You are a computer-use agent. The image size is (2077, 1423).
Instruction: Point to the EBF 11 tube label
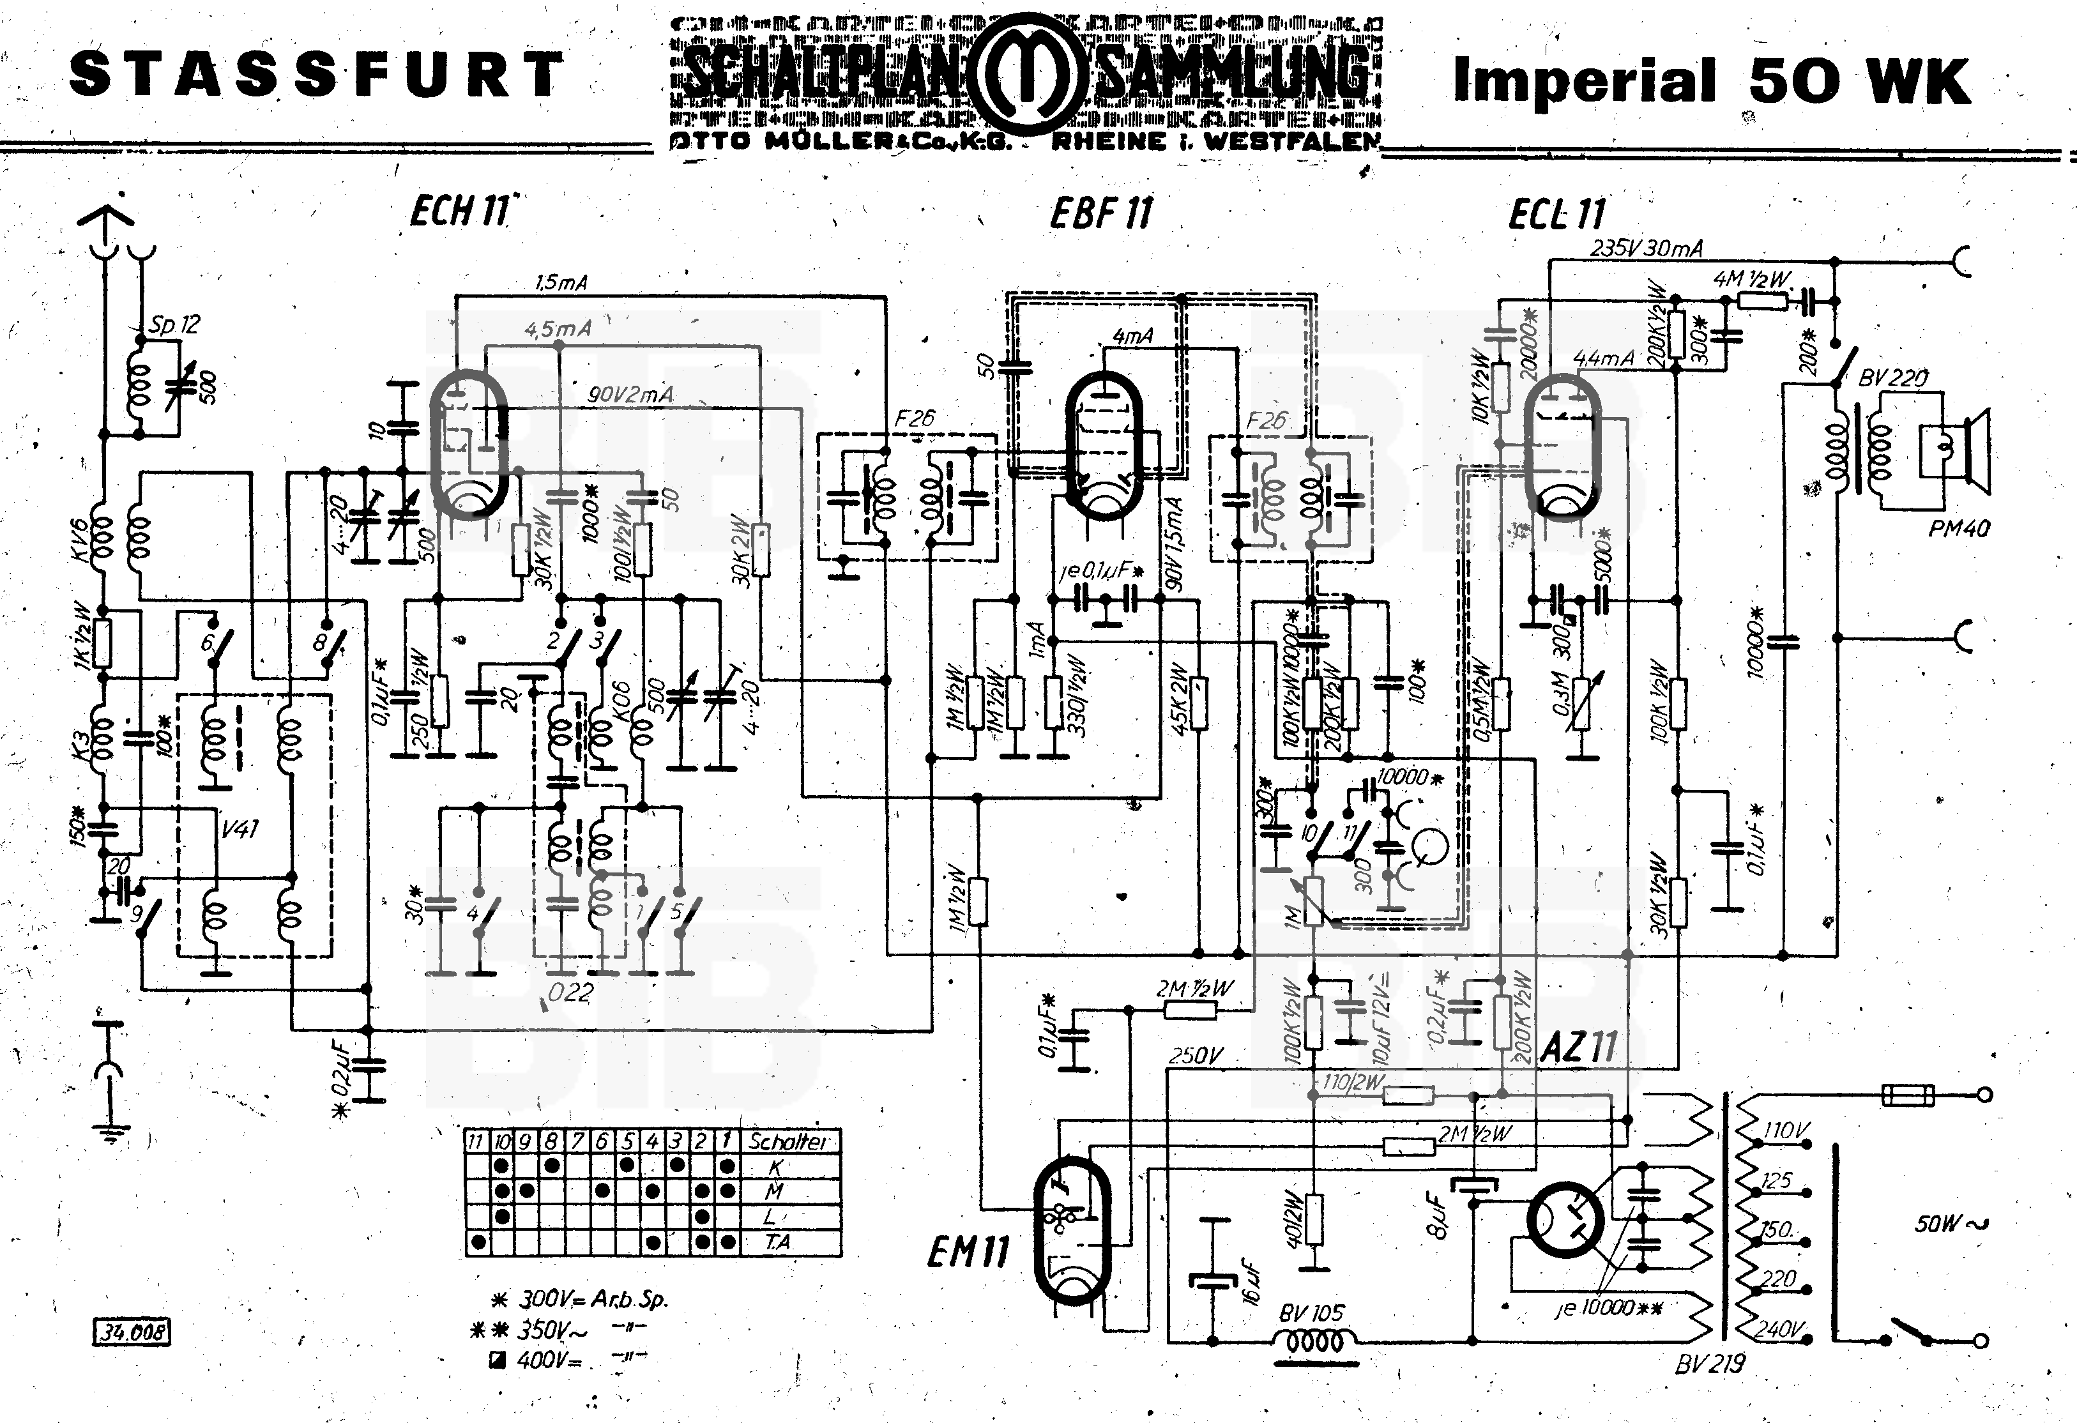coord(1101,213)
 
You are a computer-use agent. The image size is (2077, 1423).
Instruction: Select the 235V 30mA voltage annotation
coord(1647,248)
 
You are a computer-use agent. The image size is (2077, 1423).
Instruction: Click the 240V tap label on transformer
coord(1779,1329)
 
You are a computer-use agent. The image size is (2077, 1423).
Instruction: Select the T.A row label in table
coord(777,1242)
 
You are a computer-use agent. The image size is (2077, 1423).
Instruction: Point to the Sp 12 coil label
coord(174,324)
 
